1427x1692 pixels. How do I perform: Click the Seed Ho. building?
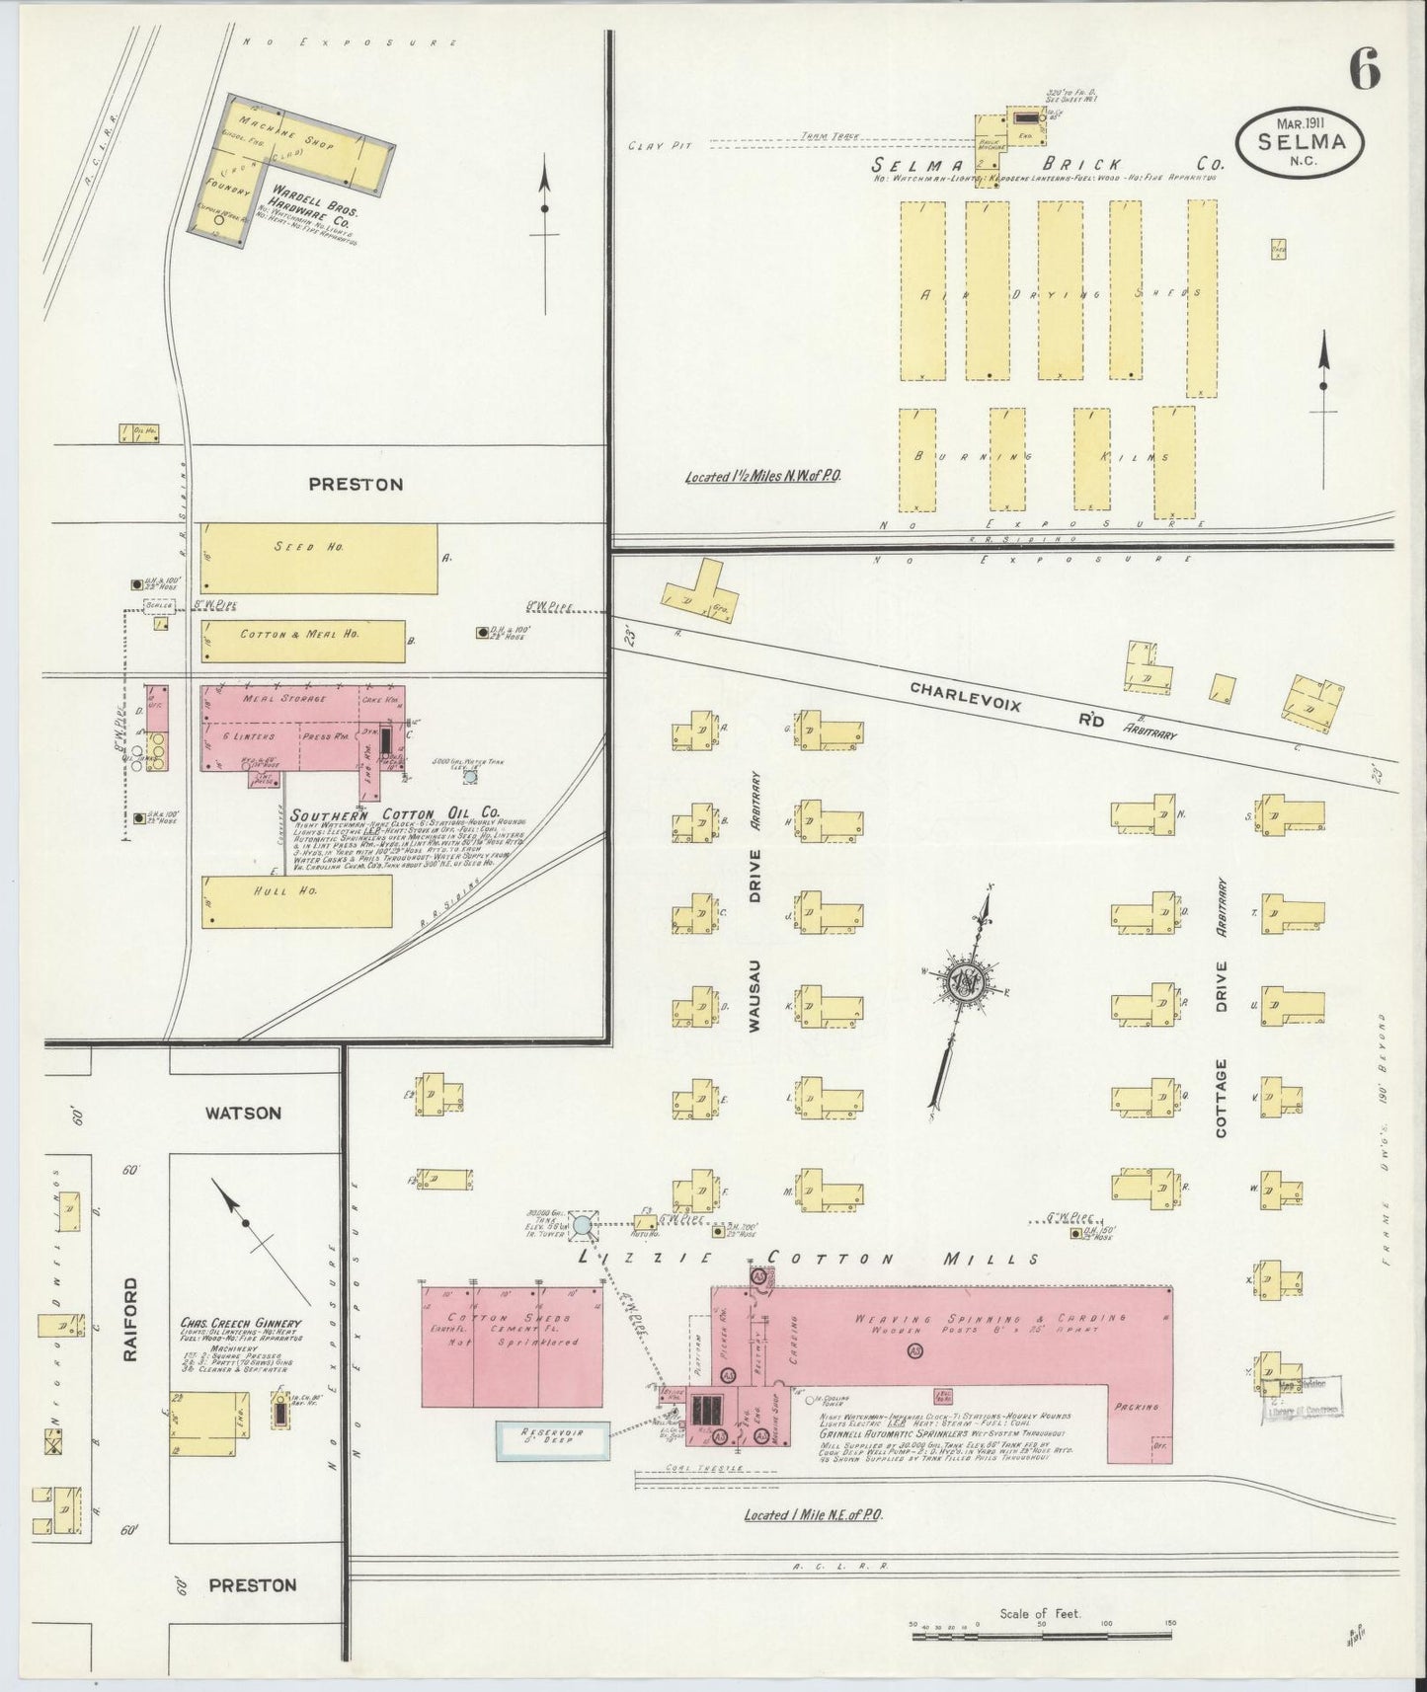319,559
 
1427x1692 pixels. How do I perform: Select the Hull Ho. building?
296,900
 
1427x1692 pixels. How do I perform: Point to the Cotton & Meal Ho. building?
303,641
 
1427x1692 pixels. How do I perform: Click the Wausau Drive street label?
754,937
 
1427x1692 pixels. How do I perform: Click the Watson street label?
243,1113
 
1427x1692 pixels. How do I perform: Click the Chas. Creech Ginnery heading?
240,1323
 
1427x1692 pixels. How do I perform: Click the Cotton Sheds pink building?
512,1345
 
